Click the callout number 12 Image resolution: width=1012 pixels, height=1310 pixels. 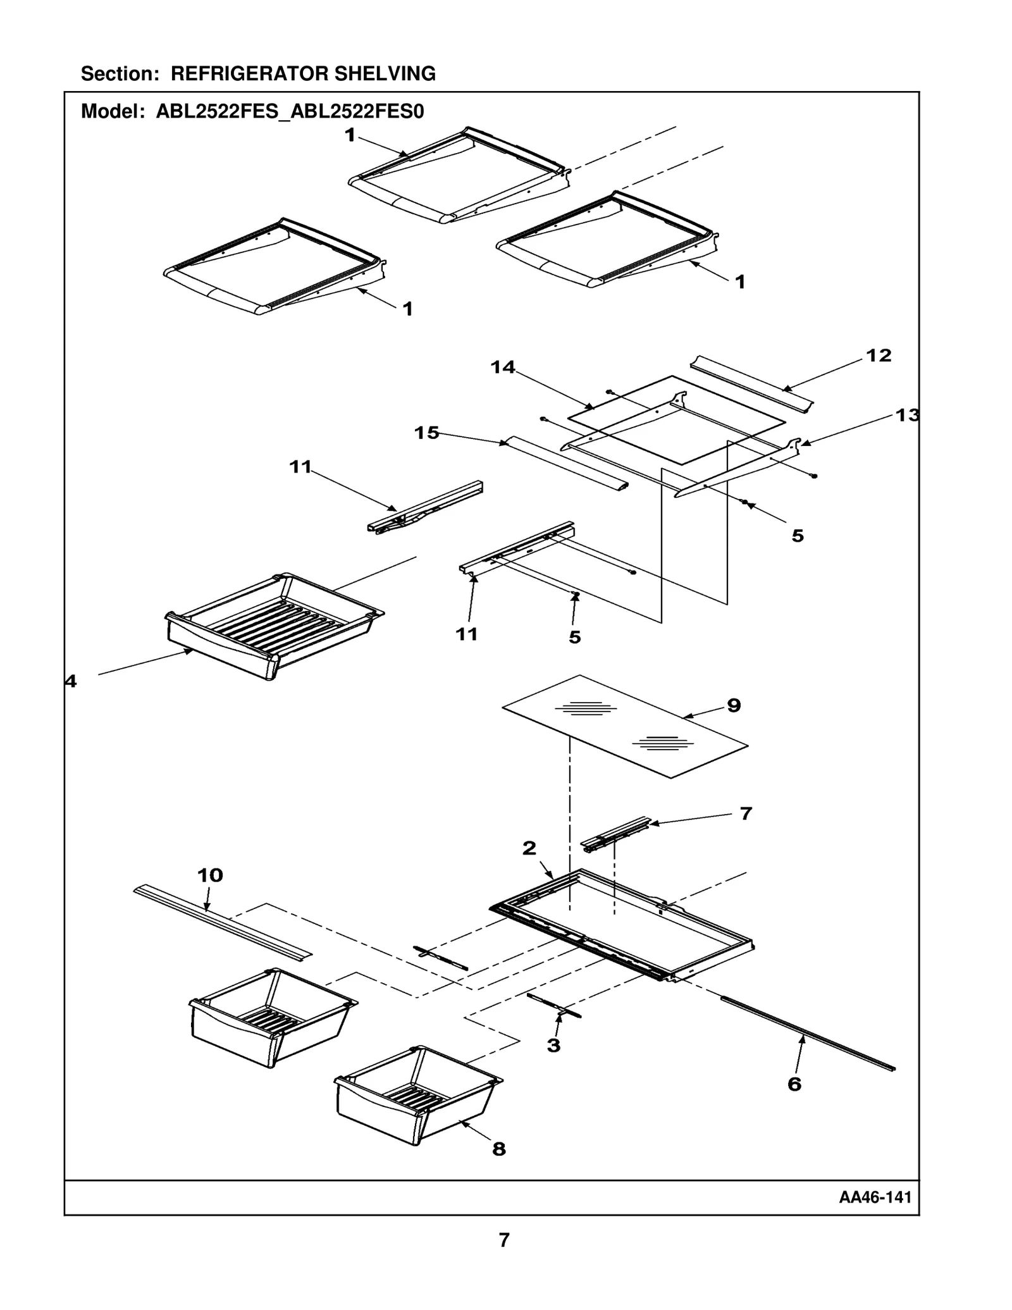(x=878, y=355)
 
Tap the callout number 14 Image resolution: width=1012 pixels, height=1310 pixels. (x=503, y=367)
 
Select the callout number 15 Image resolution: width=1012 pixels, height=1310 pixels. (x=426, y=433)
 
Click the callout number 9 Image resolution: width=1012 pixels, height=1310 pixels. (x=734, y=705)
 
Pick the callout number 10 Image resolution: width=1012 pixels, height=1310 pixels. (x=210, y=875)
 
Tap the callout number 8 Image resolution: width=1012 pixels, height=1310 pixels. (x=499, y=1149)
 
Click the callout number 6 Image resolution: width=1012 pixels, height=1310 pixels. (x=794, y=1084)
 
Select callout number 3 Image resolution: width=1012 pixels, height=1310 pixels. (x=553, y=1046)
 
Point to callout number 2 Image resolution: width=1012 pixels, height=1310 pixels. (x=529, y=848)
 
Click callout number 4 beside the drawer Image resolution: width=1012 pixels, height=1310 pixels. (x=71, y=681)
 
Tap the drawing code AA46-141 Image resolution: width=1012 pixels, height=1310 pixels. (x=875, y=1197)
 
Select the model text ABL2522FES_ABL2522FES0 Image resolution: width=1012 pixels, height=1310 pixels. (x=290, y=112)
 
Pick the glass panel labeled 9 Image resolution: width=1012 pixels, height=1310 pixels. (x=626, y=727)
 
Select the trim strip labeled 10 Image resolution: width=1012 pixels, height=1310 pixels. (x=221, y=920)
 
